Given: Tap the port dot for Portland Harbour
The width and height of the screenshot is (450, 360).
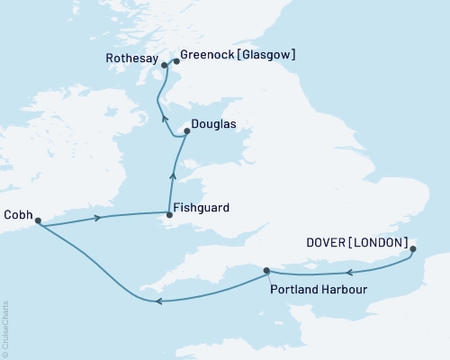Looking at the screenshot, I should [x=266, y=270].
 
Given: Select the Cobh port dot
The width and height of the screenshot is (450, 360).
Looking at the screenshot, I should [x=38, y=220].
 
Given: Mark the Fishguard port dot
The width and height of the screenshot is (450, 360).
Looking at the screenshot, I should [x=167, y=213].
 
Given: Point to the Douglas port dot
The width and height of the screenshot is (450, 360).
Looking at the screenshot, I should [x=186, y=131].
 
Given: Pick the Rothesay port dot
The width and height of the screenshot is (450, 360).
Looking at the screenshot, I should [x=164, y=66].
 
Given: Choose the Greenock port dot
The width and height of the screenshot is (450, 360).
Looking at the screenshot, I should [x=176, y=62].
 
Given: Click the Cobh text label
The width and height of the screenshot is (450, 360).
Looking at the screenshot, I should [x=19, y=214].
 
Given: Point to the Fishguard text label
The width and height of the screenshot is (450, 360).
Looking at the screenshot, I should [x=202, y=208].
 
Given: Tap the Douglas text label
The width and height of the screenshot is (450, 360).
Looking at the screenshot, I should [x=214, y=126].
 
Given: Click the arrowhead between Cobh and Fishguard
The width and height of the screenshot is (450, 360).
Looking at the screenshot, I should [x=97, y=217].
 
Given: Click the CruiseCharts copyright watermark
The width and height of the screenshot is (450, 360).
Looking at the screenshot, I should [x=6, y=328].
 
